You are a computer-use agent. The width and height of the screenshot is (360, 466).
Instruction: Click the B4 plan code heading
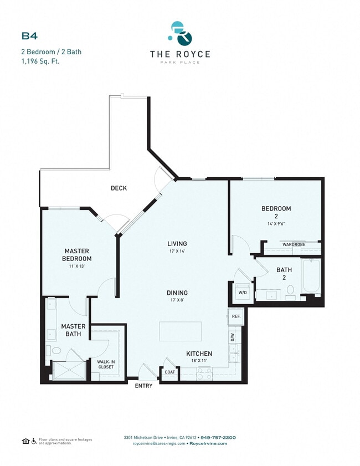(29, 36)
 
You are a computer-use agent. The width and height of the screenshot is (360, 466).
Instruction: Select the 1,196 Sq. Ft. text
(40, 61)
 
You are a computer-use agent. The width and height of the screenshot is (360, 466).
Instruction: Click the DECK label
(119, 188)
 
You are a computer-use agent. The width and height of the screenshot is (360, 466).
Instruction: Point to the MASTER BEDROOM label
(77, 254)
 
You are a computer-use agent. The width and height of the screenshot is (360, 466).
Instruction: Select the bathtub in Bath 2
(311, 277)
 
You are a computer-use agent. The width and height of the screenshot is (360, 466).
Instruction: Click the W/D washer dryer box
(242, 291)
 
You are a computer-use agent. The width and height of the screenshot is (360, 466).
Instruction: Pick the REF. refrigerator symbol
(235, 316)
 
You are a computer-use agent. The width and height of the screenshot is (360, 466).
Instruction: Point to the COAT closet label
(169, 372)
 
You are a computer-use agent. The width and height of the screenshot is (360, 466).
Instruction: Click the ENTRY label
(144, 386)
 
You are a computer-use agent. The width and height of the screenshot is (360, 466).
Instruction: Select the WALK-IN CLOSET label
(106, 365)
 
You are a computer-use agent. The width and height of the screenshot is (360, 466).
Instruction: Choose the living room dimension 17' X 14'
(177, 251)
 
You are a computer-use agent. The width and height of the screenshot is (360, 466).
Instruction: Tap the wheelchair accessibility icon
(34, 441)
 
